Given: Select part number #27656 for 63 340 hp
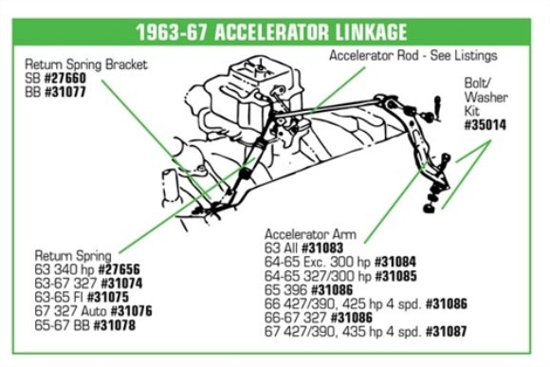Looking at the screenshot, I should point(114,269).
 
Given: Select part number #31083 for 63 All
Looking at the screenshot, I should point(325,247).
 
